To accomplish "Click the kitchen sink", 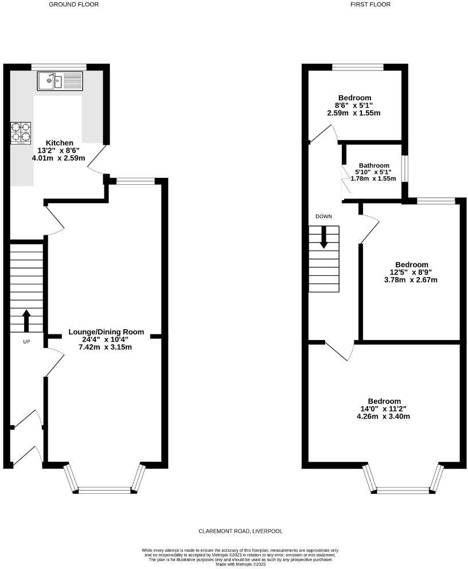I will [60, 81].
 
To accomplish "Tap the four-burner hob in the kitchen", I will [19, 132].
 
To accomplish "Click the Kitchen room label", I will [60, 143].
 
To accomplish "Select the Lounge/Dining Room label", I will [106, 332].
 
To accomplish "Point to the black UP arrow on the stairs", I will [26, 321].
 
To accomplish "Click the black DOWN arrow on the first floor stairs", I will [324, 237].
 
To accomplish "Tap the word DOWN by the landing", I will [323, 216].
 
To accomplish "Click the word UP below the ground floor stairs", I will [26, 342].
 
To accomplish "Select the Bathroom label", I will [374, 165].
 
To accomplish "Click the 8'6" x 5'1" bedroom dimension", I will [354, 106].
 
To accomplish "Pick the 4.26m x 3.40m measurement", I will [384, 416].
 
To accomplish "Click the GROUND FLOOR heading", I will [73, 5].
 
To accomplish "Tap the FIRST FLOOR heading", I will [370, 5].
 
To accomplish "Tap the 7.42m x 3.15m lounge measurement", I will [106, 347].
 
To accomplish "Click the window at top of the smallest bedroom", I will [358, 67].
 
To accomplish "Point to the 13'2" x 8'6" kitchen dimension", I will [60, 151].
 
